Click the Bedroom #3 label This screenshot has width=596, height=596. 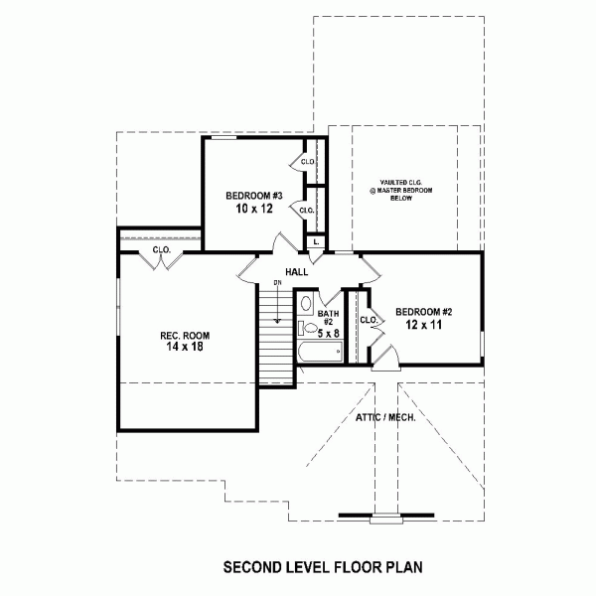click(254, 196)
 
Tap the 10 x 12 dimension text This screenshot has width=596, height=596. click(254, 209)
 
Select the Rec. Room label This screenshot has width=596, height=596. click(185, 336)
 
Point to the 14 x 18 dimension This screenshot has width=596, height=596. click(185, 347)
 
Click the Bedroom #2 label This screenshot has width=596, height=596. click(424, 312)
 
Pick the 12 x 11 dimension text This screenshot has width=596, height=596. click(423, 325)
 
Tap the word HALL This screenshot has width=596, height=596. click(297, 272)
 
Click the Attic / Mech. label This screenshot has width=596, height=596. click(385, 418)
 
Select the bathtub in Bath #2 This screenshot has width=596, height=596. click(320, 352)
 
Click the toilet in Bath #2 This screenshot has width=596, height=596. click(308, 328)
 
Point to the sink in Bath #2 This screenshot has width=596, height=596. click(306, 303)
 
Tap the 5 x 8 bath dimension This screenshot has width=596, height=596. click(329, 334)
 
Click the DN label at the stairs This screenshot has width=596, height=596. click(278, 283)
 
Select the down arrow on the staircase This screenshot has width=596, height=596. click(278, 305)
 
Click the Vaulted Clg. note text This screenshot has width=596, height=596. click(401, 191)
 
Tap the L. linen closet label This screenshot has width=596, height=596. click(316, 242)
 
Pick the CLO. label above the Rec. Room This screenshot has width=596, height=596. click(162, 250)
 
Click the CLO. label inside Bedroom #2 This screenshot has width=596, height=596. click(369, 320)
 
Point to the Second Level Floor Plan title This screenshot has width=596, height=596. click(323, 567)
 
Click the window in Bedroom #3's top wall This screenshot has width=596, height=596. click(223, 137)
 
